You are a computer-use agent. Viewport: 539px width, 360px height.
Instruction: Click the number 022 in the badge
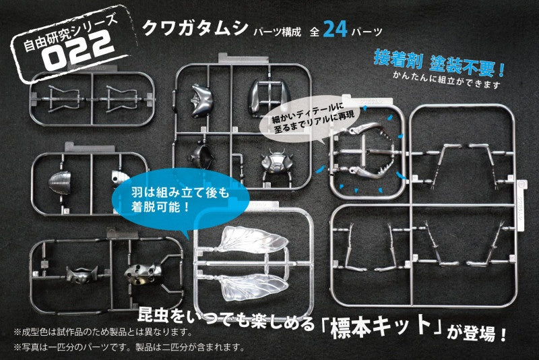pos(79,51)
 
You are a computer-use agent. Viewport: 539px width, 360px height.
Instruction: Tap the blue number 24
pos(335,30)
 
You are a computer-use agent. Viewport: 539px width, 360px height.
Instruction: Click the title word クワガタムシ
pos(195,28)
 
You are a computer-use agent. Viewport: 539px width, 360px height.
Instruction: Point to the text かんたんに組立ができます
pos(447,80)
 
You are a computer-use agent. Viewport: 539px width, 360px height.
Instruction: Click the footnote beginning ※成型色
pos(102,332)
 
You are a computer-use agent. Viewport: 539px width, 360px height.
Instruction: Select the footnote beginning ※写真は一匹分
pos(129,347)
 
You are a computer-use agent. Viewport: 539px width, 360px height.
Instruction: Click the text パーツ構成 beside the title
pos(278,32)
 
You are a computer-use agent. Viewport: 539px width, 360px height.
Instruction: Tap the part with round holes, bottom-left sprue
pos(143,272)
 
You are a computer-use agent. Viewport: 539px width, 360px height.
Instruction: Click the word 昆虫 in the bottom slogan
pos(154,315)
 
